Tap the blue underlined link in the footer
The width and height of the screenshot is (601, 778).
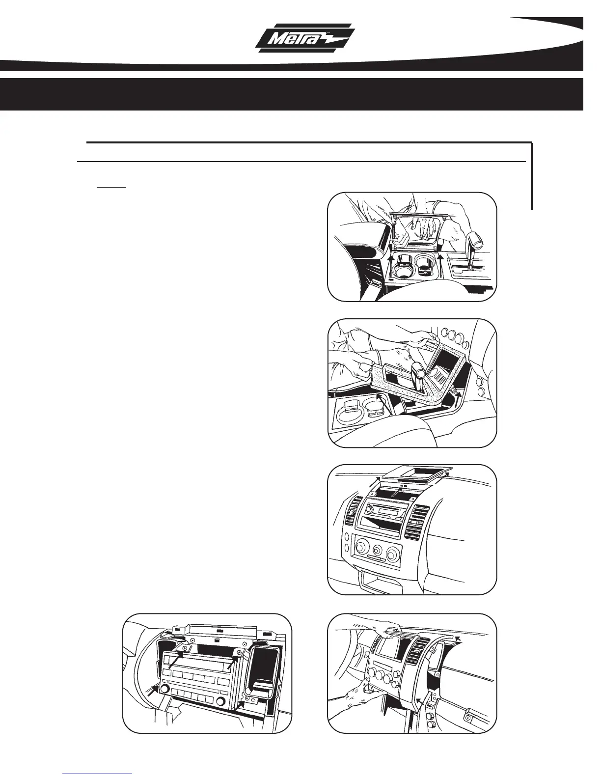98,773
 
